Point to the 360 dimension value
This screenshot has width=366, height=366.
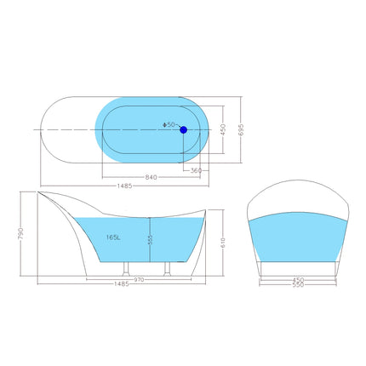197,170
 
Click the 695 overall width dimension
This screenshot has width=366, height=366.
241,128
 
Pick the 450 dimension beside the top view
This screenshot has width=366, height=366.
223,129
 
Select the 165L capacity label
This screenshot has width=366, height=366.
113,238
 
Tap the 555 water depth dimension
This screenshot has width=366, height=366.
152,240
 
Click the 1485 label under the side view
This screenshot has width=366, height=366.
122,284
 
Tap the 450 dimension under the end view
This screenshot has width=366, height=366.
298,277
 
